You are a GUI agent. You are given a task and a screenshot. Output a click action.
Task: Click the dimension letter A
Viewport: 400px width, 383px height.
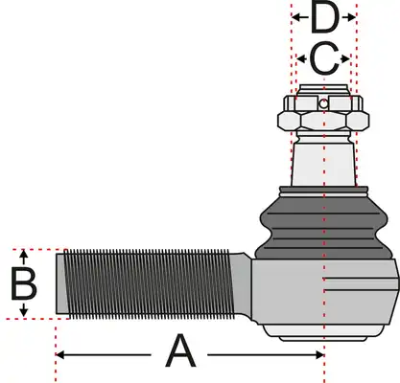[180, 350]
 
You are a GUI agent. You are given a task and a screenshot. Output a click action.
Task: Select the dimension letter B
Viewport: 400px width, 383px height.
[24, 284]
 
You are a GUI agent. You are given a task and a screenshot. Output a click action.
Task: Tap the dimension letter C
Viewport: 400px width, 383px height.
[324, 58]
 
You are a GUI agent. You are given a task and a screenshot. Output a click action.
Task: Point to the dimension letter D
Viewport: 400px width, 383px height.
[324, 17]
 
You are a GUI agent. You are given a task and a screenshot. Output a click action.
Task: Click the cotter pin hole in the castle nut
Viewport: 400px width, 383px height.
[323, 103]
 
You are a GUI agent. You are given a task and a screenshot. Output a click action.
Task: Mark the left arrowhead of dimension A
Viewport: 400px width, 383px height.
[60, 354]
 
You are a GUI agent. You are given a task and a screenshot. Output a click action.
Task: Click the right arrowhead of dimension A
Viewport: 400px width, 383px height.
[319, 354]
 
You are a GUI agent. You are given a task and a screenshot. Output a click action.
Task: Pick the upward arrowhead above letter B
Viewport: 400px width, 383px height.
[24, 255]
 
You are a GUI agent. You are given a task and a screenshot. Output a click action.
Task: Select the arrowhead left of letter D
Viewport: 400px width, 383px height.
[296, 17]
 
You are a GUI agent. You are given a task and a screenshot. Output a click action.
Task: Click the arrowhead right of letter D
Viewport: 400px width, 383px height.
[351, 17]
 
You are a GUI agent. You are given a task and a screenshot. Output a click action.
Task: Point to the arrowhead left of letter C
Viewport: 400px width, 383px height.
[301, 58]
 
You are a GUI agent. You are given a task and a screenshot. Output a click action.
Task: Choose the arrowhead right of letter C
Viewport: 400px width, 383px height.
[345, 58]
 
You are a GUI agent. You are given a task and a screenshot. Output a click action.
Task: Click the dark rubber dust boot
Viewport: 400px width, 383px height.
[323, 228]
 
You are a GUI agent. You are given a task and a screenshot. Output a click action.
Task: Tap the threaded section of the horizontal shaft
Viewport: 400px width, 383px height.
[149, 283]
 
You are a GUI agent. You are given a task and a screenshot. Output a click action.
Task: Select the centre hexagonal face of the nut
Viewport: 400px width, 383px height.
[323, 122]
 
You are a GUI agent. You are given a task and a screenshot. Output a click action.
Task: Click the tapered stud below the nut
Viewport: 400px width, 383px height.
[323, 165]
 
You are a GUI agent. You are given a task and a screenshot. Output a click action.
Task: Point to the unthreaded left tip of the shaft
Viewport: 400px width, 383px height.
[60, 283]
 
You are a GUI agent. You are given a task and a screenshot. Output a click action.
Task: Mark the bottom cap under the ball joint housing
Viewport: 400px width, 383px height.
[323, 333]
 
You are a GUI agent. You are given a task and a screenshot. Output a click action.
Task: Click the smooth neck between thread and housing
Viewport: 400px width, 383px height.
[242, 285]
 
